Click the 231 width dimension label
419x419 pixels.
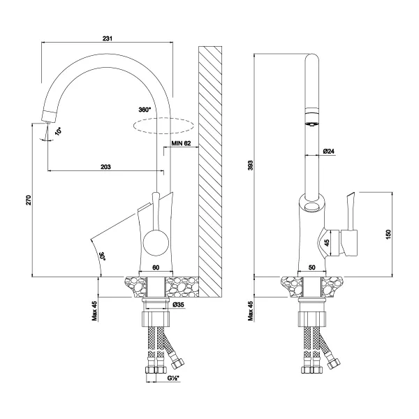coord(108,38)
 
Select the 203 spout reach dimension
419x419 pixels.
coord(105,167)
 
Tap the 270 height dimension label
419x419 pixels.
coord(29,200)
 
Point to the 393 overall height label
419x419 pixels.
coord(250,166)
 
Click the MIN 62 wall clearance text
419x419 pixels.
coord(181,143)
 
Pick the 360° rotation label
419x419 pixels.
coord(145,110)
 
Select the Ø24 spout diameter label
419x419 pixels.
coord(329,152)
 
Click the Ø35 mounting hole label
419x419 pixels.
coord(179,304)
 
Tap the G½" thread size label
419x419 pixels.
coord(173,378)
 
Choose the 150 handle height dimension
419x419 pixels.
coord(388,235)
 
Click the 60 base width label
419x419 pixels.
coord(156,267)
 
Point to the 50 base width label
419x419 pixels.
coord(312,267)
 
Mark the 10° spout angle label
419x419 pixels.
coord(58,131)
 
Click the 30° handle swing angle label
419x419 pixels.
coord(103,256)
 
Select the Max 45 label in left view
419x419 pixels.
coord(94,311)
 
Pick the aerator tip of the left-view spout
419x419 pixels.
coord(49,117)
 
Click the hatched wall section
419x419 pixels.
coord(210,172)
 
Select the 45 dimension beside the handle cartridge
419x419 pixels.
coord(327,242)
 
